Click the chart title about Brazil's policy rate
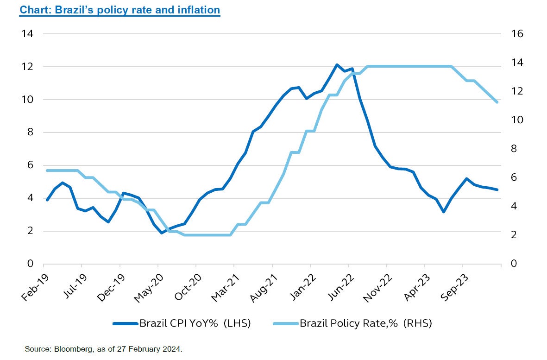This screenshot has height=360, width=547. tap(119, 10)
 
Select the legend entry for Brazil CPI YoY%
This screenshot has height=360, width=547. tap(182, 323)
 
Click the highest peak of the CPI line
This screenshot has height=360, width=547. tap(337, 65)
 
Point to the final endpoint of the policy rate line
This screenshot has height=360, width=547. tap(497, 102)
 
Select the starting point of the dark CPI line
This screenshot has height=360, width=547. tap(47, 200)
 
